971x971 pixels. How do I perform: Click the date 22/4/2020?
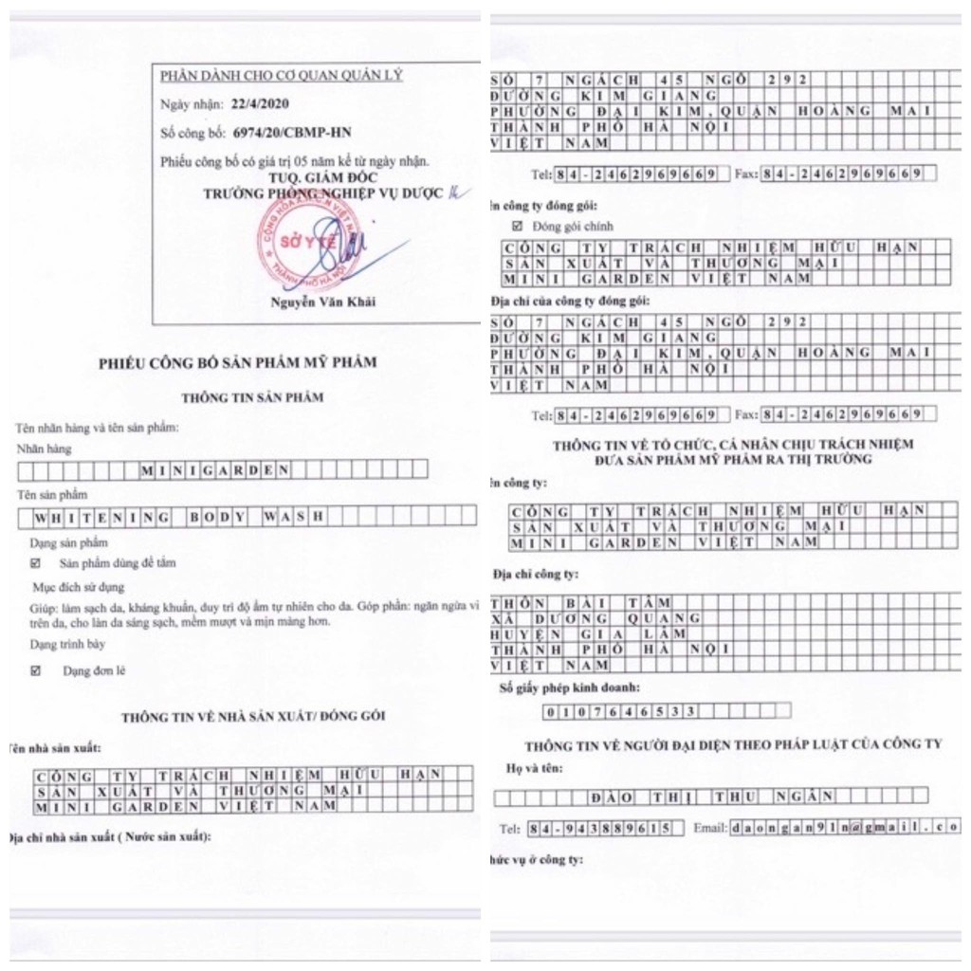pyautogui.click(x=260, y=104)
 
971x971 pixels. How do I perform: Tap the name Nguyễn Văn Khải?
pyautogui.click(x=318, y=302)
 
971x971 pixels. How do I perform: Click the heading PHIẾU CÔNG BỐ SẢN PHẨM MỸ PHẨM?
pyautogui.click(x=238, y=362)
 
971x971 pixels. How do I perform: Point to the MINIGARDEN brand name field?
pyautogui.click(x=214, y=468)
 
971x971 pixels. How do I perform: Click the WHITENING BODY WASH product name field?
pyautogui.click(x=180, y=517)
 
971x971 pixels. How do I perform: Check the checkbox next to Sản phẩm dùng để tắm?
pyautogui.click(x=36, y=563)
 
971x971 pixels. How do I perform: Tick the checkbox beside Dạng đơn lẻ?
pyautogui.click(x=36, y=670)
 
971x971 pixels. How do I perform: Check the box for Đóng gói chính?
pyautogui.click(x=517, y=227)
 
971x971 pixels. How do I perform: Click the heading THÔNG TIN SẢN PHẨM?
pyautogui.click(x=252, y=397)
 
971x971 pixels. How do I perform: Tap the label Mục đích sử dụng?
pyautogui.click(x=78, y=588)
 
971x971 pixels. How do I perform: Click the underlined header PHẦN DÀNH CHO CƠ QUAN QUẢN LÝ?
pyautogui.click(x=281, y=76)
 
